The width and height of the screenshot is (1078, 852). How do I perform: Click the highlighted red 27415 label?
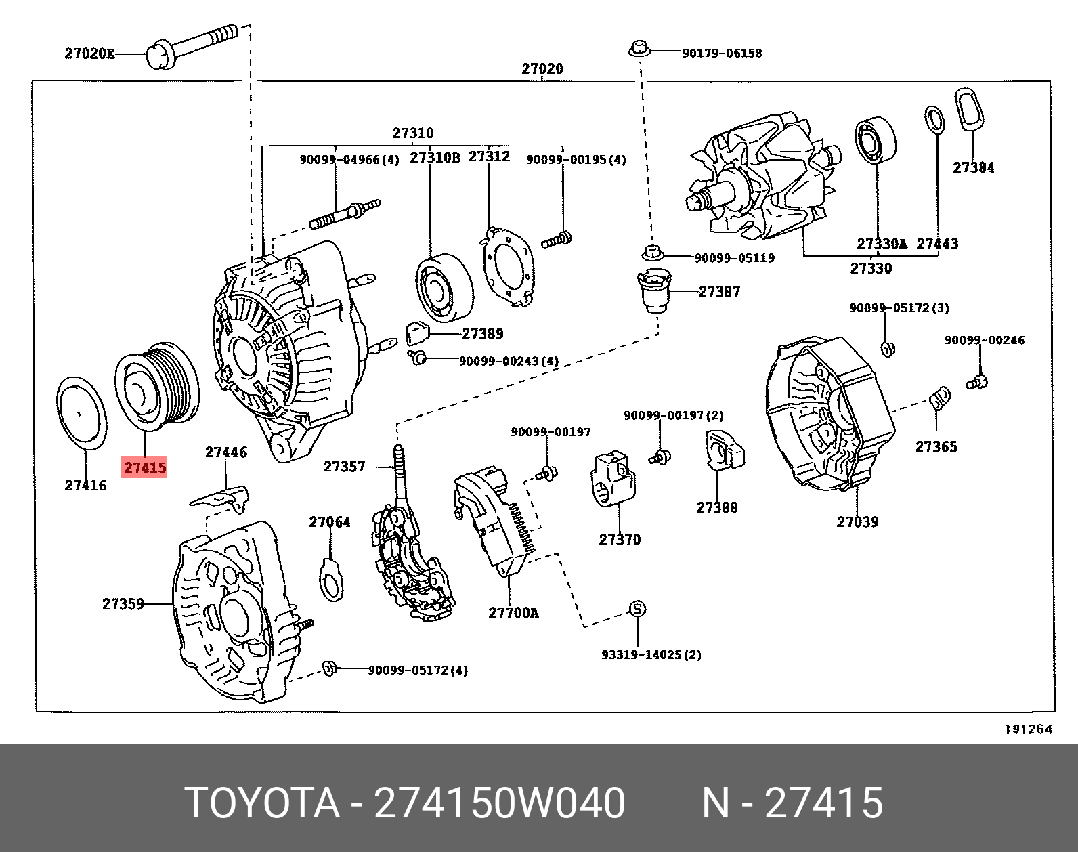point(144,467)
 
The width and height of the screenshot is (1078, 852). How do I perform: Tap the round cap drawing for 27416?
point(81,412)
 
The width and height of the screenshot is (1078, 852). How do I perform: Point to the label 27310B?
point(434,158)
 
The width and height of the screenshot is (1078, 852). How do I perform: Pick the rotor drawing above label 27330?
point(762,179)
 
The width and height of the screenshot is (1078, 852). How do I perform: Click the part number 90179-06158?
point(722,53)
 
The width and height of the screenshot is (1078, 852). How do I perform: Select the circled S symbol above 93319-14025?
point(637,609)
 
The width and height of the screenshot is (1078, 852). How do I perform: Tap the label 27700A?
point(513,613)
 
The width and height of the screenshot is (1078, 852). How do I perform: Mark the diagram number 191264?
point(1028,729)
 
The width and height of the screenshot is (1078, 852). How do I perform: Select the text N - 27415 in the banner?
point(792,803)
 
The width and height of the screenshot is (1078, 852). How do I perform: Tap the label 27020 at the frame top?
point(542,68)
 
